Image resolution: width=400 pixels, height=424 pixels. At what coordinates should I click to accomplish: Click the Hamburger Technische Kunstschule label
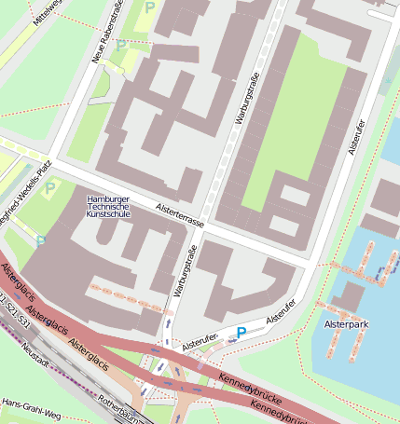[x=109, y=207]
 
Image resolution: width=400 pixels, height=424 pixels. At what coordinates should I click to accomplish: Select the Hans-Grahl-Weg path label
[x=31, y=408]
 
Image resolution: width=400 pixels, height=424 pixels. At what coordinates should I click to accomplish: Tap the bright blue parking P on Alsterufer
[x=241, y=332]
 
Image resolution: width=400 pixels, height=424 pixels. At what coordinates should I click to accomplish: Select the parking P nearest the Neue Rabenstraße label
[x=121, y=44]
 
